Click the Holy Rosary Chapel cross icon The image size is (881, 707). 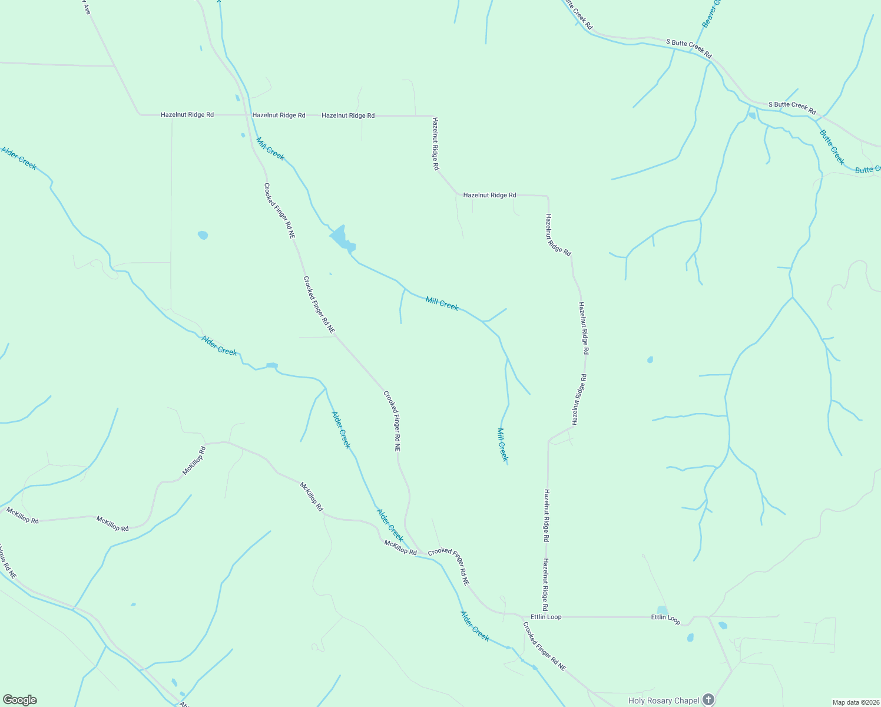pyautogui.click(x=708, y=699)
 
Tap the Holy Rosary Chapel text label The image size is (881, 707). pyautogui.click(x=663, y=701)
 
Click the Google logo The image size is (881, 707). pyautogui.click(x=20, y=700)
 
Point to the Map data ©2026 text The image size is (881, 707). pyautogui.click(x=855, y=702)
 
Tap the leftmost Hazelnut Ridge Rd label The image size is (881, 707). pyautogui.click(x=187, y=115)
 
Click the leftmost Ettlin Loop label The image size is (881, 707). pyautogui.click(x=546, y=617)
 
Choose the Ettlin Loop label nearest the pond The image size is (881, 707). pyautogui.click(x=665, y=619)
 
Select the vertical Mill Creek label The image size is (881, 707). pyautogui.click(x=502, y=445)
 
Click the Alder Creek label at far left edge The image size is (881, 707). pyautogui.click(x=19, y=158)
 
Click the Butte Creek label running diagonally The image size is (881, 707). pyautogui.click(x=832, y=147)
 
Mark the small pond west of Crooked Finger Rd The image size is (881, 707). pyautogui.click(x=203, y=235)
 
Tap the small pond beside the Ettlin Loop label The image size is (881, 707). pyautogui.click(x=662, y=610)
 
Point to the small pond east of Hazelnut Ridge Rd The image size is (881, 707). pyautogui.click(x=650, y=359)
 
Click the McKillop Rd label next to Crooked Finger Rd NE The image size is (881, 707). pyautogui.click(x=400, y=548)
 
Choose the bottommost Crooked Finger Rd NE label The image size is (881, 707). pyautogui.click(x=544, y=646)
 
